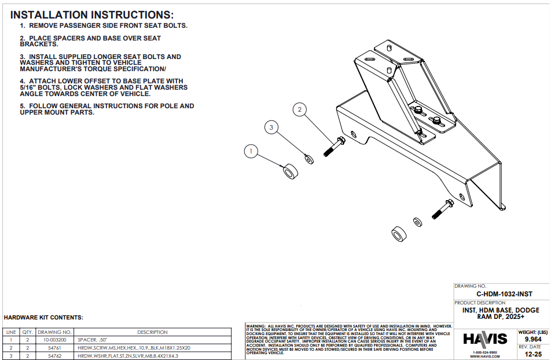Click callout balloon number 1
point(251,152)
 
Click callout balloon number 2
point(299,109)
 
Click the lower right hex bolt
point(442,209)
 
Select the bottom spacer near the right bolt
point(398,234)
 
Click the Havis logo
point(485,339)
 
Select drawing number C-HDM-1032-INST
point(501,294)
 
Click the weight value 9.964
point(532,339)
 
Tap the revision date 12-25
point(532,354)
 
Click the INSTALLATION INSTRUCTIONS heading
point(92,15)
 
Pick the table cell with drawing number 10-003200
point(54,340)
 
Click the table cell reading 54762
point(54,355)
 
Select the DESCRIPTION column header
point(152,332)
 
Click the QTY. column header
point(27,332)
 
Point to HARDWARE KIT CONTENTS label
point(43,318)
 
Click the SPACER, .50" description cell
point(93,340)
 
